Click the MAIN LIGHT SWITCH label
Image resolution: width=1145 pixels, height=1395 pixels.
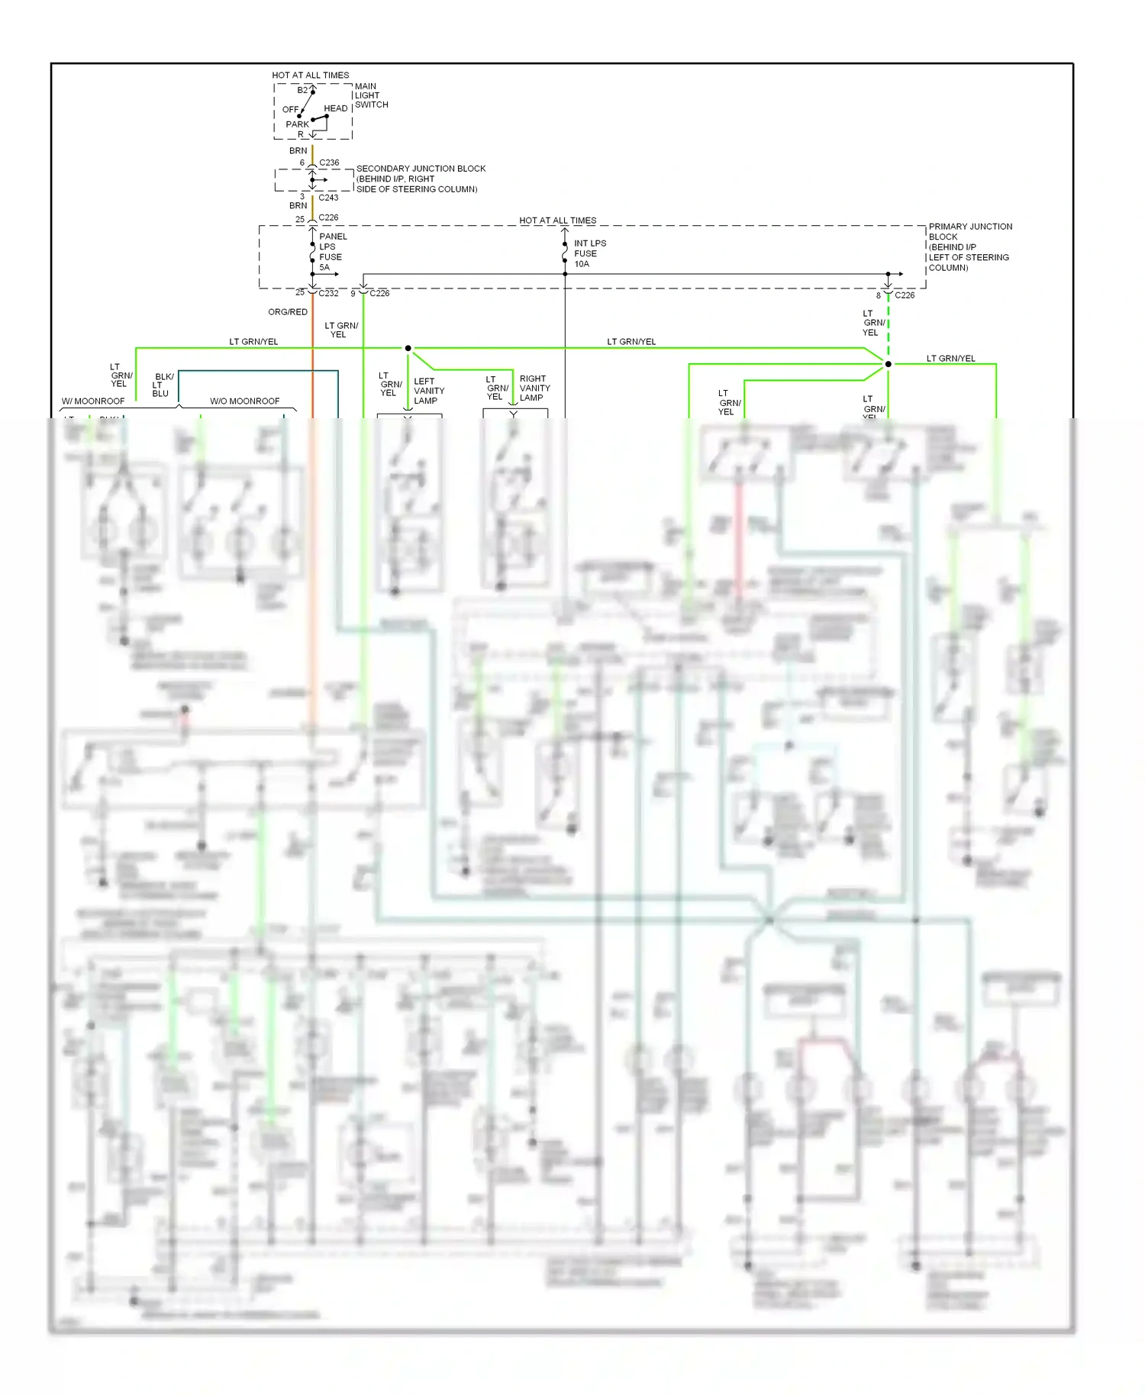coord(371,95)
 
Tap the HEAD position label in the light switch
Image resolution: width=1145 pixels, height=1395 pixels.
coord(335,108)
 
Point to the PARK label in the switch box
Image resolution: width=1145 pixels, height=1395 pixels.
coord(297,124)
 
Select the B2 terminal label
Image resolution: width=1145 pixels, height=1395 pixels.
coord(302,90)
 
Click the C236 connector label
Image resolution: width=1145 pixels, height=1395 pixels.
coord(329,163)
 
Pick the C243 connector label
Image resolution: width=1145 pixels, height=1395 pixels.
coord(328,198)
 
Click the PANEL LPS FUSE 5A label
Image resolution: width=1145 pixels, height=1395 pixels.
coord(332,252)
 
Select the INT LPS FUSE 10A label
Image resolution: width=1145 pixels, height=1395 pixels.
coord(589,253)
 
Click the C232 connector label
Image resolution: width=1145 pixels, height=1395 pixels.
coord(328,293)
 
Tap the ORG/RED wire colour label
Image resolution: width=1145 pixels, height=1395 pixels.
coord(288,312)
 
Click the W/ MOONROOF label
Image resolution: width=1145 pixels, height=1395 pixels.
coord(93,401)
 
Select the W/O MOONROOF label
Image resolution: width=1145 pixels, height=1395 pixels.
coord(244,401)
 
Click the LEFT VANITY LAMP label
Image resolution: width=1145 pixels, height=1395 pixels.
coord(428,391)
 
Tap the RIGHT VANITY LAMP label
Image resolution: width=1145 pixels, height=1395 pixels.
coord(534,388)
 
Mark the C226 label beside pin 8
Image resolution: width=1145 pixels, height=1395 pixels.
coord(905,295)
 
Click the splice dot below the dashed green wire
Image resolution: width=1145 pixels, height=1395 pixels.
coord(888,364)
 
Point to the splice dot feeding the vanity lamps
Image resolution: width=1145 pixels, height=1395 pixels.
coord(408,348)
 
